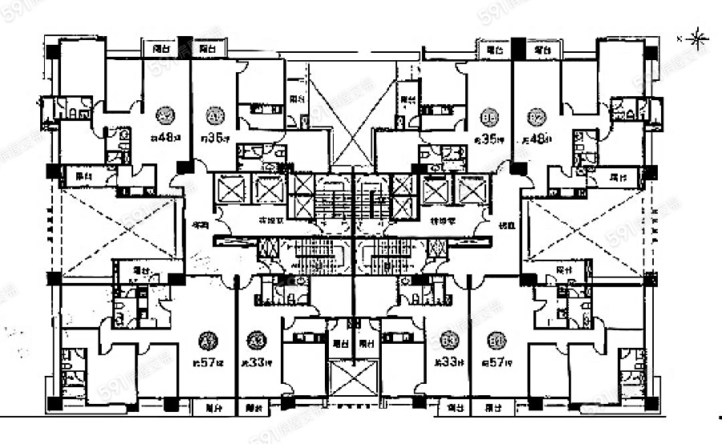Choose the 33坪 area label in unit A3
point(256,362)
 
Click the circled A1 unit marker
point(213,113)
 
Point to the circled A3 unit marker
point(257,340)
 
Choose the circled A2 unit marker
point(166,113)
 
